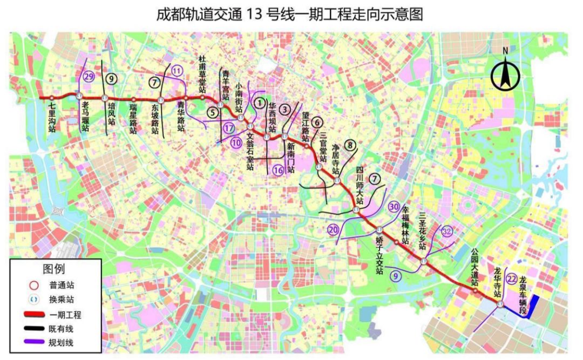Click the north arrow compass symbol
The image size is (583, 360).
pyautogui.click(x=505, y=74)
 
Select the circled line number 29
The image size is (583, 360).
pyautogui.click(x=89, y=77)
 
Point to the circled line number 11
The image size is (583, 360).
pyautogui.click(x=177, y=71)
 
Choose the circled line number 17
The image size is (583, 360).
pyautogui.click(x=229, y=128)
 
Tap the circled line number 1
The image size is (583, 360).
pyautogui.click(x=260, y=101)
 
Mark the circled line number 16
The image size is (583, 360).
pyautogui.click(x=278, y=170)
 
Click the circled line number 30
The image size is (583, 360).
pyautogui.click(x=394, y=207)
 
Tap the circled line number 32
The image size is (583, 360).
pyautogui.click(x=447, y=231)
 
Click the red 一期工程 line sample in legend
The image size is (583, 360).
pyautogui.click(x=36, y=315)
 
